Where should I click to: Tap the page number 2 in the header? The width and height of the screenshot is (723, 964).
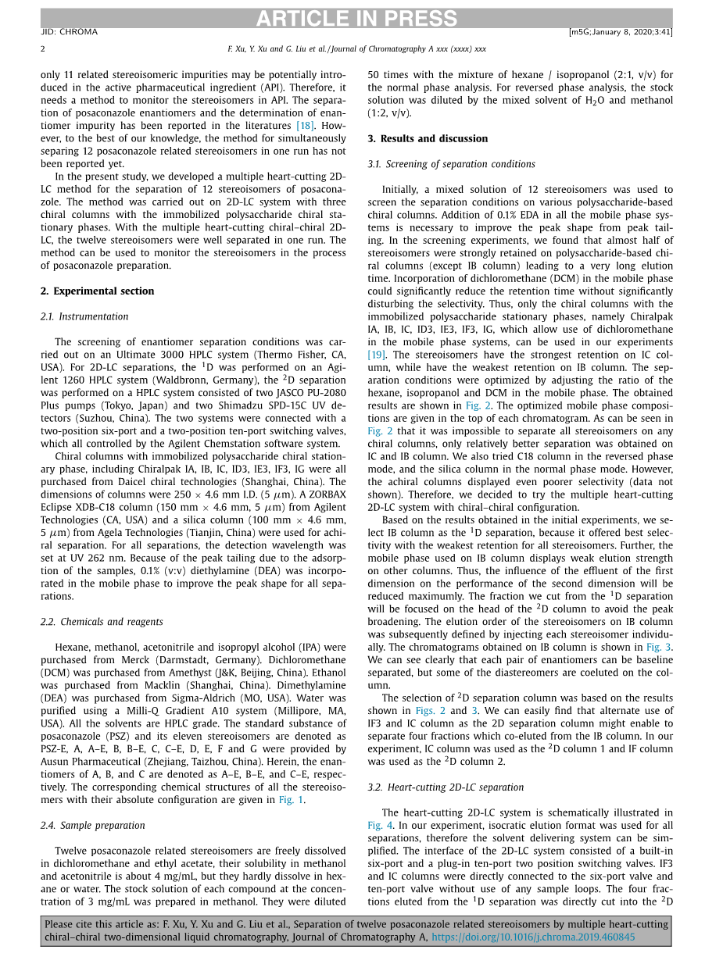[43, 48]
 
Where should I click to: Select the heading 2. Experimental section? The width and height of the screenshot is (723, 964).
[97, 291]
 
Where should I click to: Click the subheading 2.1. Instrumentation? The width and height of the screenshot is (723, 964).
[84, 316]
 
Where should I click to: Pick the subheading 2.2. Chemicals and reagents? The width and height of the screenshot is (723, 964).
[101, 622]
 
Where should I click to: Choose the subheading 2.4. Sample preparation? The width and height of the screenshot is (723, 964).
[91, 825]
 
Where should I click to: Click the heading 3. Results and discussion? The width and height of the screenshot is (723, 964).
[427, 138]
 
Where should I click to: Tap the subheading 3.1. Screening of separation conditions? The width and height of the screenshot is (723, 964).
[451, 164]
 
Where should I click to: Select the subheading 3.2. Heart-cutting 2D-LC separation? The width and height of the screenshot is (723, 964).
[446, 787]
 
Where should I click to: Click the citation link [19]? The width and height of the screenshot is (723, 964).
[376, 355]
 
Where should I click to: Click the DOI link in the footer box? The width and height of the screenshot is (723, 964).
[533, 937]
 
